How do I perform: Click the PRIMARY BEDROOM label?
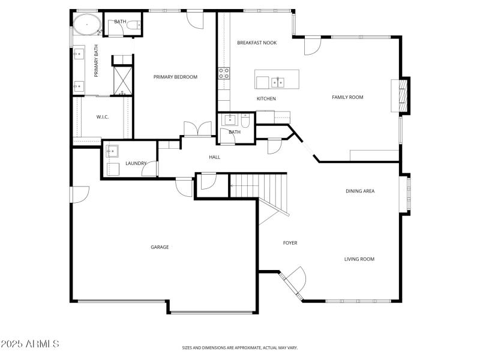[x=175, y=77]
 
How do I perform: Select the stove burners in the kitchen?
[x=224, y=73]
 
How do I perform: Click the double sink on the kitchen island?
[x=277, y=82]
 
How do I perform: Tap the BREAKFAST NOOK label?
[x=257, y=43]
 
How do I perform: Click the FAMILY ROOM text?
[x=348, y=97]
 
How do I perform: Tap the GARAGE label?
[x=160, y=247]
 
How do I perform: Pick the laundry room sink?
[x=112, y=151]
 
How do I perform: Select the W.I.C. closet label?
[x=103, y=117]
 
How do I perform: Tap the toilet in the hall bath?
[x=245, y=120]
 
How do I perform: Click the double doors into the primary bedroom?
[x=197, y=130]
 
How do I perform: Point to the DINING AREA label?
[x=360, y=191]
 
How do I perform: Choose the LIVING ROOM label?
[x=359, y=259]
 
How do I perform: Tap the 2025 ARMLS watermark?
[x=30, y=344]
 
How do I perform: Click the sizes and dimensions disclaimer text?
[x=240, y=347]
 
